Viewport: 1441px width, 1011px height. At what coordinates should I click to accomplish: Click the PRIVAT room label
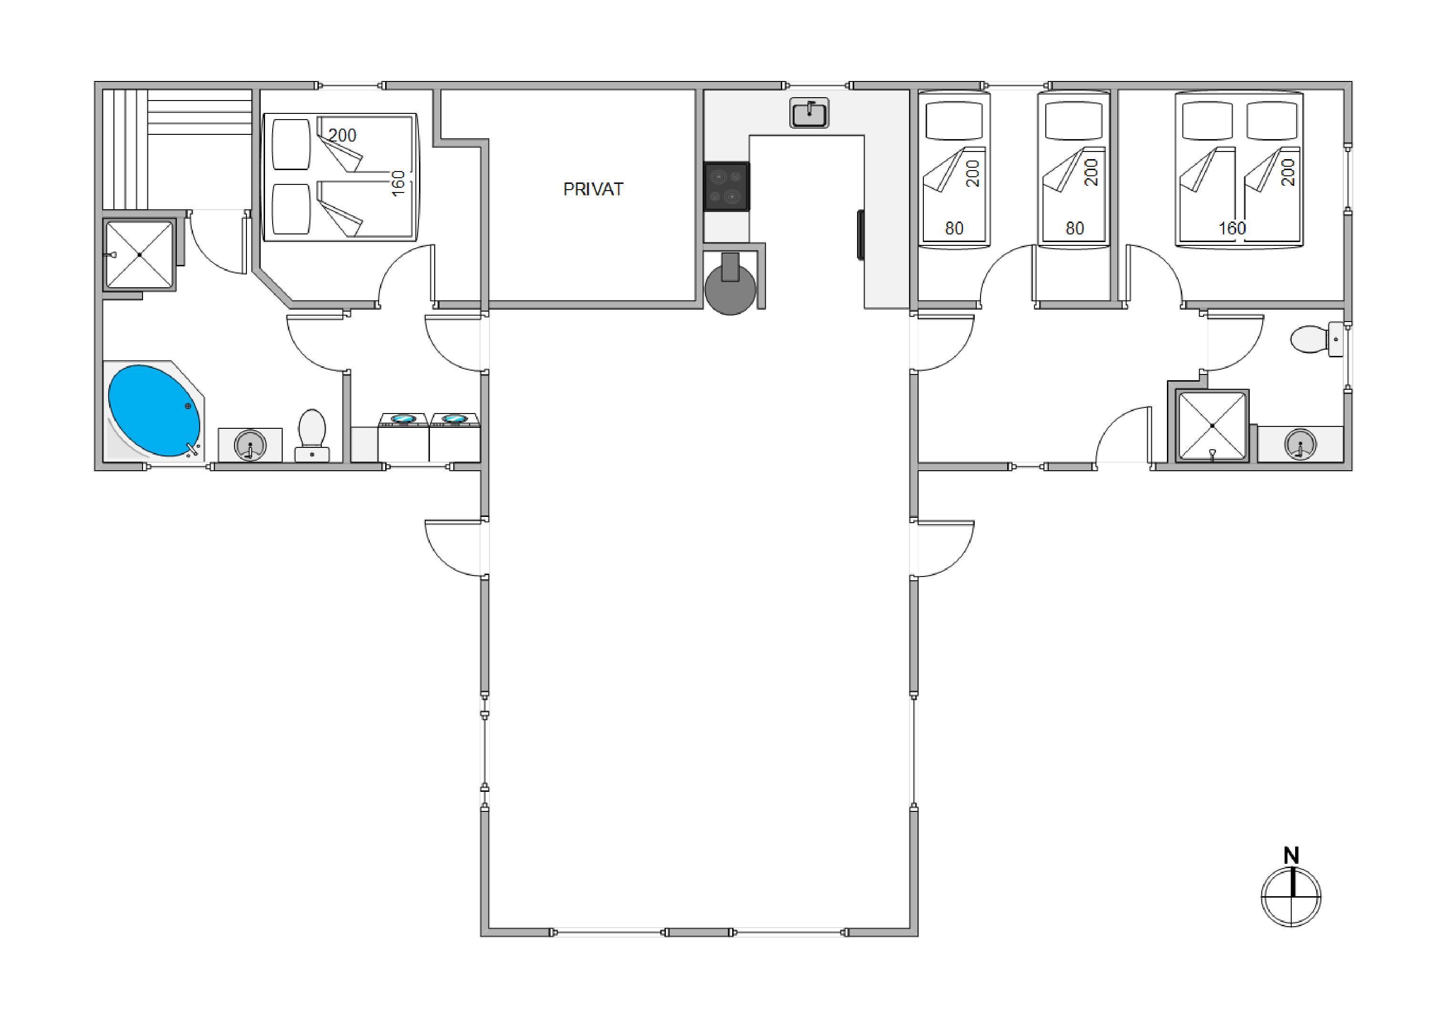click(593, 190)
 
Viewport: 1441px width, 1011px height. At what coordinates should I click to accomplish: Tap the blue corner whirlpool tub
click(154, 410)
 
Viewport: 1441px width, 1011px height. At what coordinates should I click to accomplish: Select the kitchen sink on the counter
click(809, 113)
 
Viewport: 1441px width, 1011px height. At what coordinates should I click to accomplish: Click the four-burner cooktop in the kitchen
click(727, 186)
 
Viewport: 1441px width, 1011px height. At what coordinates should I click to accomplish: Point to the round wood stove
click(730, 289)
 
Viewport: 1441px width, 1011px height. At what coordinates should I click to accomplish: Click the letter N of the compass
click(1291, 856)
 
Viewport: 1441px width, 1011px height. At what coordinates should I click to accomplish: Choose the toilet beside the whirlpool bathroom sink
click(311, 435)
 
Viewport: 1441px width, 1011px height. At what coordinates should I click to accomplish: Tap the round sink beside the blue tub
click(250, 445)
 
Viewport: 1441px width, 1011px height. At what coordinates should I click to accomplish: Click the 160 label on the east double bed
click(1232, 228)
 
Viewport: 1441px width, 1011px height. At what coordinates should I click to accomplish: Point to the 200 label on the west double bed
click(342, 135)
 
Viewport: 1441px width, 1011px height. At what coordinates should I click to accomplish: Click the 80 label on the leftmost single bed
click(954, 228)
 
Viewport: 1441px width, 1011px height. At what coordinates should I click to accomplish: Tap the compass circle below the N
click(1291, 897)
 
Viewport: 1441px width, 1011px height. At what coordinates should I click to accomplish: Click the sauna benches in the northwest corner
click(177, 149)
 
